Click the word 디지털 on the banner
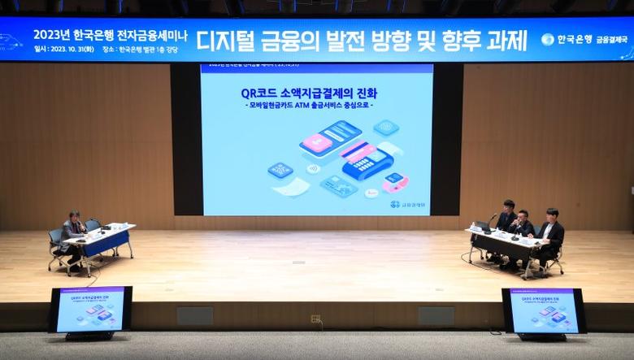click(x=228, y=39)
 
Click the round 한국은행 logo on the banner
click(x=548, y=39)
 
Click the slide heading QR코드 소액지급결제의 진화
click(x=316, y=93)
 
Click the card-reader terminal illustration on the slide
click(x=365, y=160)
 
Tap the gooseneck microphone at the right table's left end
click(x=489, y=221)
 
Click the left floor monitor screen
click(x=90, y=310)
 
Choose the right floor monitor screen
click(x=543, y=310)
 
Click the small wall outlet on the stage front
click(x=315, y=319)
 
